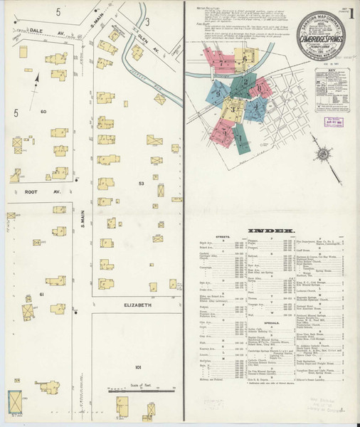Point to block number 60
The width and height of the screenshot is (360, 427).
[43, 112]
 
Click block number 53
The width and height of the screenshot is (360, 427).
[141, 184]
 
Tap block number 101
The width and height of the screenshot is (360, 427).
[137, 367]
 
